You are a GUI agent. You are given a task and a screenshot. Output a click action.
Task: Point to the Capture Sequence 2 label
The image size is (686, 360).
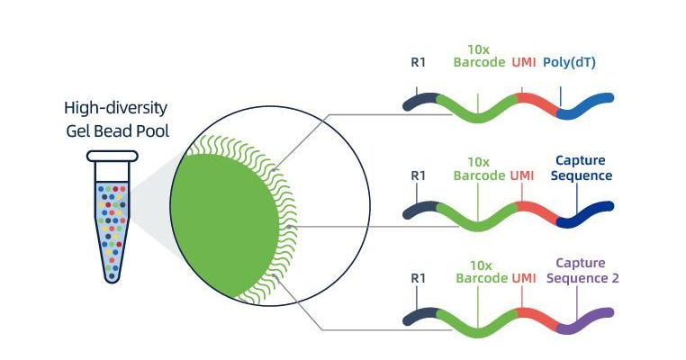(582, 271)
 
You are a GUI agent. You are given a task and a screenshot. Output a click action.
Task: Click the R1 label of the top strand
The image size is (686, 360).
(418, 62)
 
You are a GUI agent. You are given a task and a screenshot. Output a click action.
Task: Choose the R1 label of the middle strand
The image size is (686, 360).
(418, 175)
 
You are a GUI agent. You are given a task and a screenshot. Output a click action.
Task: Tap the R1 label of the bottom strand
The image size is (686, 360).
(418, 278)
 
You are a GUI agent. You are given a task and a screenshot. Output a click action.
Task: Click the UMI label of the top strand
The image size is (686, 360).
(524, 62)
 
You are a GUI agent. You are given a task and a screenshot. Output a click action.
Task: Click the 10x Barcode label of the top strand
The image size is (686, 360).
(479, 55)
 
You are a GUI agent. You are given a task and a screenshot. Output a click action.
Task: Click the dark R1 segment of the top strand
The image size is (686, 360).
(420, 102)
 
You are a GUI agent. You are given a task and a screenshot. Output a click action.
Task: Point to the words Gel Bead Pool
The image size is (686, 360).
(117, 132)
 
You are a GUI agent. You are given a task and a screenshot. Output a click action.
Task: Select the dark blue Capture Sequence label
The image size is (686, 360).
(582, 168)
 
